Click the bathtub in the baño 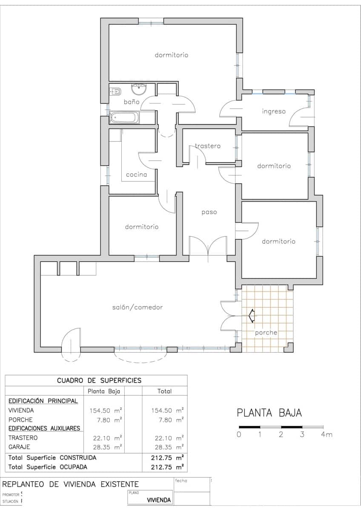(124, 118)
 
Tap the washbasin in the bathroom (138, 90)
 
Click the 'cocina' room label (136, 175)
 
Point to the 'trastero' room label (208, 146)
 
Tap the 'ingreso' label (273, 112)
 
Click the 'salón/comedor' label (138, 307)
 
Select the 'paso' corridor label (209, 212)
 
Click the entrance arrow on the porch (251, 316)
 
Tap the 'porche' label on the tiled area (266, 333)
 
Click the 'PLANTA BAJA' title (269, 413)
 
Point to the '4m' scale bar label (327, 435)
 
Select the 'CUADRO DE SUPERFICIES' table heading (99, 380)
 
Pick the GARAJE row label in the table (20, 447)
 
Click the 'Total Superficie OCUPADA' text (48, 467)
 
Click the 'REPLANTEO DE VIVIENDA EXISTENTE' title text (71, 484)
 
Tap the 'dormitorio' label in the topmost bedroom (171, 55)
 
